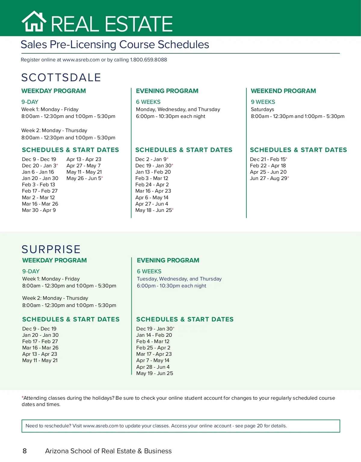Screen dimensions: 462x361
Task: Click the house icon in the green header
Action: click(34, 22)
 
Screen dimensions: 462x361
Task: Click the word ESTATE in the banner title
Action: click(139, 24)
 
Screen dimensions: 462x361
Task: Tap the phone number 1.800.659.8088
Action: click(148, 60)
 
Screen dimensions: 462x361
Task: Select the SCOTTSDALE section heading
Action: click(61, 77)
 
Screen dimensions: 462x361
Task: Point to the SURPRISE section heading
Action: click(51, 249)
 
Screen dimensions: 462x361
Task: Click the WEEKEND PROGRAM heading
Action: click(283, 91)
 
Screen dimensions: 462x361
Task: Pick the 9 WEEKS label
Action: click(263, 102)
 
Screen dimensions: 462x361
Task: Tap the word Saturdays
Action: click(262, 109)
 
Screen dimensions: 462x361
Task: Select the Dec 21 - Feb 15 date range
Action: click(268, 159)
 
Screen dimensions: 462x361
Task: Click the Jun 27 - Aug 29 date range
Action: click(269, 178)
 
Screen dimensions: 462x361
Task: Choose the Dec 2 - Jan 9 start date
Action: click(151, 159)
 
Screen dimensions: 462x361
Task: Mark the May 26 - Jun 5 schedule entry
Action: click(84, 178)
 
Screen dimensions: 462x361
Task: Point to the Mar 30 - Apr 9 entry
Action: click(39, 210)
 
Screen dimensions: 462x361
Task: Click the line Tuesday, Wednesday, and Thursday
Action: click(179, 279)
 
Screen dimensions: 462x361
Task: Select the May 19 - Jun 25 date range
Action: click(155, 373)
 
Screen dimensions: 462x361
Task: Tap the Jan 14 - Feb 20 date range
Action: click(154, 335)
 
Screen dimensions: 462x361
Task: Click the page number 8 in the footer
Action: click(25, 451)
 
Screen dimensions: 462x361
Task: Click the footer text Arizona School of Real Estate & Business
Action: click(108, 451)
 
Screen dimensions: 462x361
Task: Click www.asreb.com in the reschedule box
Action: click(100, 426)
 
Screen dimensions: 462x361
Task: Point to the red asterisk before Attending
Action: click(23, 397)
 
